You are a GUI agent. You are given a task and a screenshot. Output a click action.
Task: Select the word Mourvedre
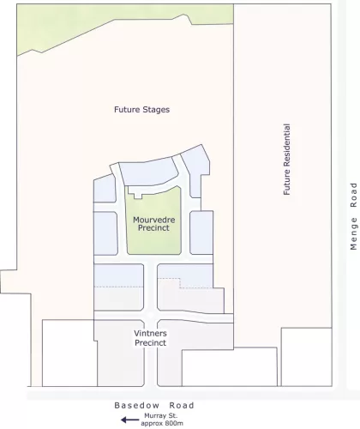coord(154,220)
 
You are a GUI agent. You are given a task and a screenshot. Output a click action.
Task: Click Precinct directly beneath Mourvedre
coord(154,229)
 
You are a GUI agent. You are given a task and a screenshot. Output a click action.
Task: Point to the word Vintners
coord(150,333)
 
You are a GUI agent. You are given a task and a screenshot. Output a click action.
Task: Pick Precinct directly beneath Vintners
coord(150,342)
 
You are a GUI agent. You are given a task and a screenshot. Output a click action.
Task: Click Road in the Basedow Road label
coord(181,406)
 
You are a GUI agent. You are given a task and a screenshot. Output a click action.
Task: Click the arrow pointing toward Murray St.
coord(129,420)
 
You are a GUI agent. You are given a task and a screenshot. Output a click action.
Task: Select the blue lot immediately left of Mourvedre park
coord(105,233)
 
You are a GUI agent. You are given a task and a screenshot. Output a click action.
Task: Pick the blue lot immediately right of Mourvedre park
coord(201,233)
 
